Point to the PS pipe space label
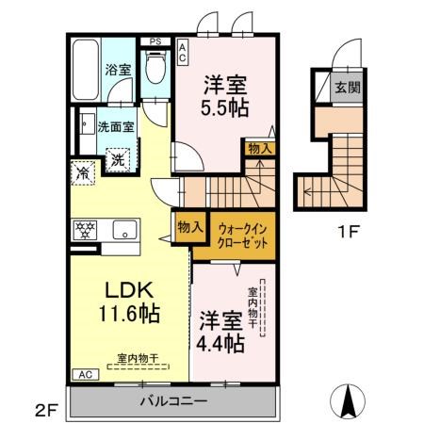pos(156,41)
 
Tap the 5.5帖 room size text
pos(224,106)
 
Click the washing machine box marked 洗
pos(119,159)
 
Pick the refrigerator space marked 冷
pos(83,172)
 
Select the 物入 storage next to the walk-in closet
pos(185,227)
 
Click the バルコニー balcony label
pos(174,401)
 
